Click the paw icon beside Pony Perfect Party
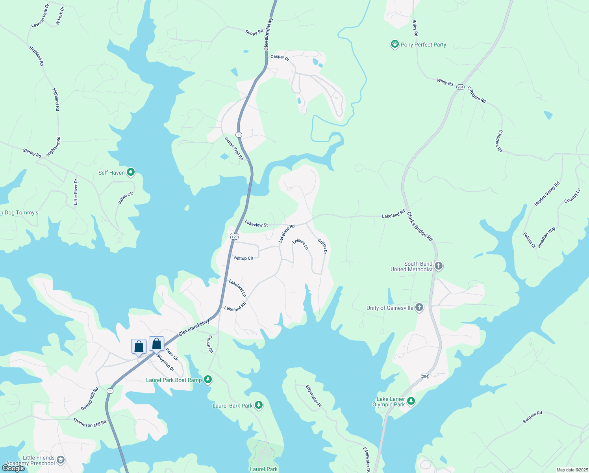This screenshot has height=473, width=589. click(395, 44)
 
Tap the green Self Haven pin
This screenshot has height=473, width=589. click(131, 172)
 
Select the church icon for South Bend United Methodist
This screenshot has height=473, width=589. click(439, 266)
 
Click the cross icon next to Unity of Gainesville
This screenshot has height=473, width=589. click(419, 307)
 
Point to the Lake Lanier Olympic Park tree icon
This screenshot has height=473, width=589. click(411, 401)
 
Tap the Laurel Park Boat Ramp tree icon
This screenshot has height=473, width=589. click(208, 380)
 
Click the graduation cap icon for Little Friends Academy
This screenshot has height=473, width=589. click(60, 460)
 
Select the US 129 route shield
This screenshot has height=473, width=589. click(234, 236)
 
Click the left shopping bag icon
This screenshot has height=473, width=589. click(139, 347)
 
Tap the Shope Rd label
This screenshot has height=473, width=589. click(254, 32)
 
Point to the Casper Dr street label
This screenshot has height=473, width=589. click(280, 57)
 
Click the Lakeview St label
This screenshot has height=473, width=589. click(256, 224)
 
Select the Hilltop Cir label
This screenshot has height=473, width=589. click(244, 258)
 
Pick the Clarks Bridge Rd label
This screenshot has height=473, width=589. click(420, 227)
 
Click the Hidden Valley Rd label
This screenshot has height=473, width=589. click(547, 194)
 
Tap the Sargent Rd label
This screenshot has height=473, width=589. click(532, 417)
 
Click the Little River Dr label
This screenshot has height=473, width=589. click(76, 192)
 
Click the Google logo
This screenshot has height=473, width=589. click(13, 468)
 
